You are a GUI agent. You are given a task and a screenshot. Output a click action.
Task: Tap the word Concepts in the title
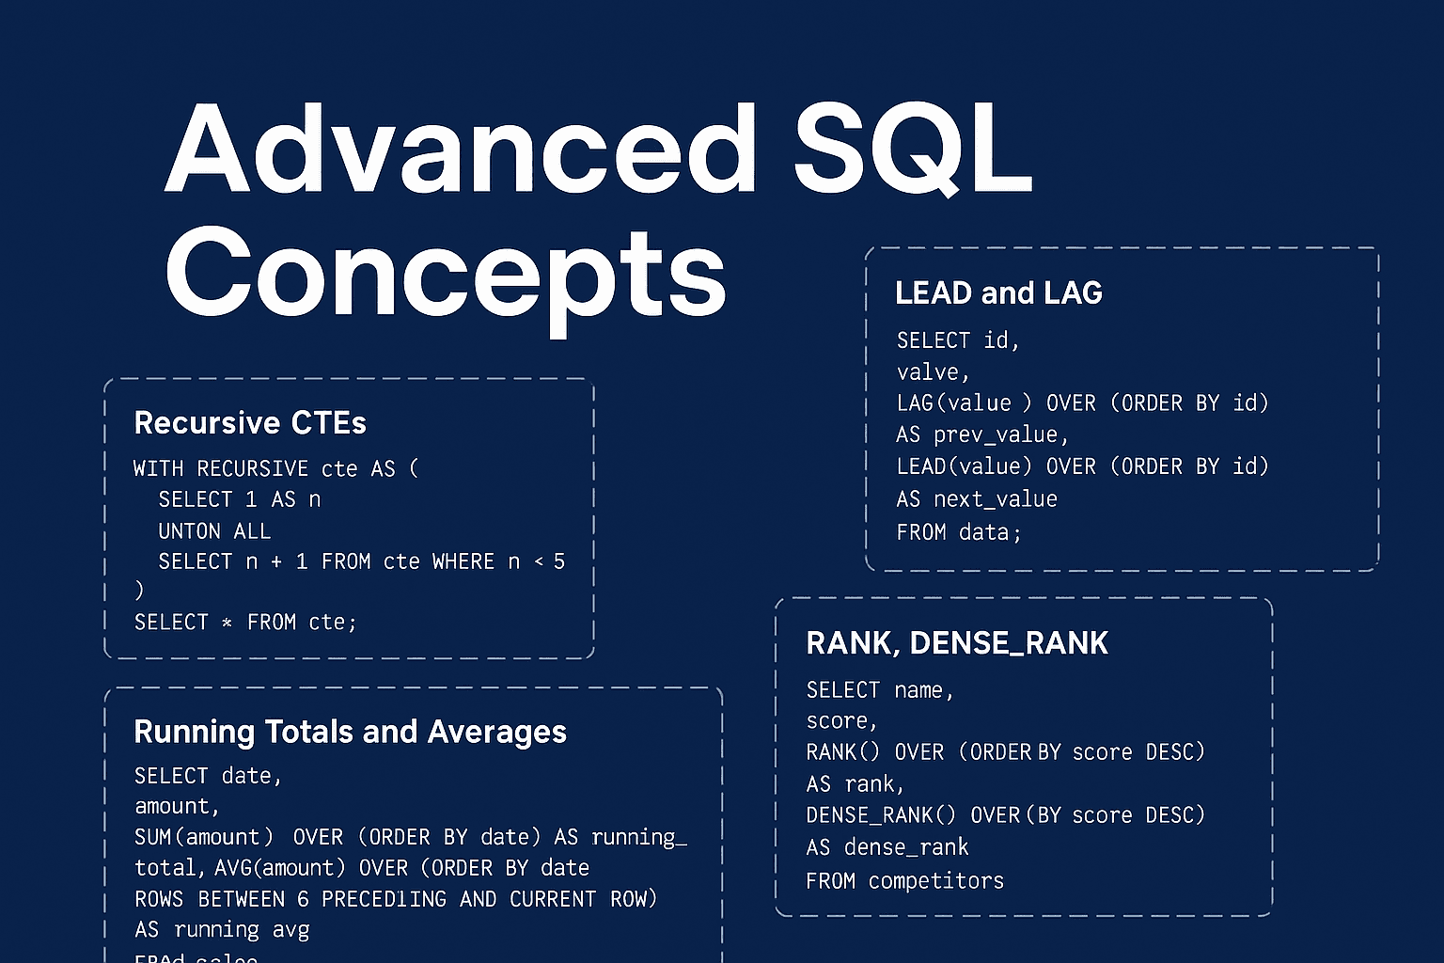(x=446, y=273)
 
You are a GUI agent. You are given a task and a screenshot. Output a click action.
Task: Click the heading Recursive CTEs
(x=250, y=423)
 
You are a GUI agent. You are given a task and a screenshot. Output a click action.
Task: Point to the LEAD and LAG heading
(x=998, y=293)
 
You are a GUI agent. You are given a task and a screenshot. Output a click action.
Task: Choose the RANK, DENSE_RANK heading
(x=957, y=643)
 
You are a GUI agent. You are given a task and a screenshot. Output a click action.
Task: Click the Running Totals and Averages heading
(x=350, y=732)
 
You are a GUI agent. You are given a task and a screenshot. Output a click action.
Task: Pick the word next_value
(x=996, y=499)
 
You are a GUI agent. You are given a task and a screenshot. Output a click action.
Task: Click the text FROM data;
(x=959, y=532)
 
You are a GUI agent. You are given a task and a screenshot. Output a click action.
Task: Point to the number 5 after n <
(x=559, y=562)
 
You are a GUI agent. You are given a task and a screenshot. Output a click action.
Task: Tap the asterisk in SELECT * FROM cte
(x=227, y=623)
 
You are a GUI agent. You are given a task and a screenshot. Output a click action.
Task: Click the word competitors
(x=936, y=881)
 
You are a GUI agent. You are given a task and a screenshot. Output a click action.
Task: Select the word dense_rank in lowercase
(x=906, y=847)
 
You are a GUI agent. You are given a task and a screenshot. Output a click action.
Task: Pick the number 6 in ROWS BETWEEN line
(x=303, y=899)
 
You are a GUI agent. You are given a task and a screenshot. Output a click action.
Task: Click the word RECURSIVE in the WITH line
(x=253, y=468)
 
